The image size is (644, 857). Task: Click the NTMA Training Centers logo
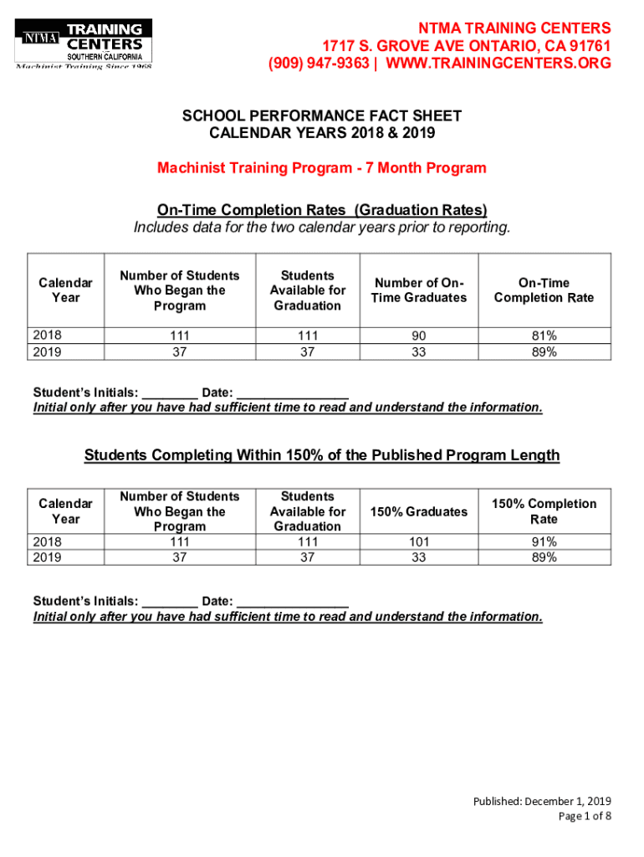click(84, 43)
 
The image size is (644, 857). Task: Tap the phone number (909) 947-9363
click(319, 64)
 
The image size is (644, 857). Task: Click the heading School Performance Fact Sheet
click(322, 116)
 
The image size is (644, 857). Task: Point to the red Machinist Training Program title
click(322, 168)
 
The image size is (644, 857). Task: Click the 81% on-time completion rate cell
click(544, 336)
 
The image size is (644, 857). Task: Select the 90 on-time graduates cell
click(418, 336)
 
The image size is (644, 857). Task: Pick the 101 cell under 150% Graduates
click(418, 541)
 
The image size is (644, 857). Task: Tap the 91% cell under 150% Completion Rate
click(544, 541)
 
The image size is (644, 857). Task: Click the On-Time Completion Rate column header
click(544, 290)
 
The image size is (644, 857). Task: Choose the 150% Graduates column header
click(418, 511)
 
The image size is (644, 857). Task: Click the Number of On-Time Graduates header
click(418, 290)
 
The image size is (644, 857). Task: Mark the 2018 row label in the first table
click(47, 336)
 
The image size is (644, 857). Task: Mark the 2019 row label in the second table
click(47, 557)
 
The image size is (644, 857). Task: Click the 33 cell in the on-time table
click(418, 352)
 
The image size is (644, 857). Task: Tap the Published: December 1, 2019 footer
click(542, 802)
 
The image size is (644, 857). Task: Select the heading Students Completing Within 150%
click(322, 455)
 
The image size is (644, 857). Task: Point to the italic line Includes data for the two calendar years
click(322, 228)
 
